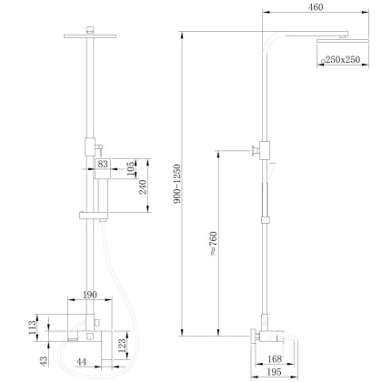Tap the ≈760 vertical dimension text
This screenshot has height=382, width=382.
click(x=212, y=245)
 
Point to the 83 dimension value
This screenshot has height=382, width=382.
click(x=103, y=164)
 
